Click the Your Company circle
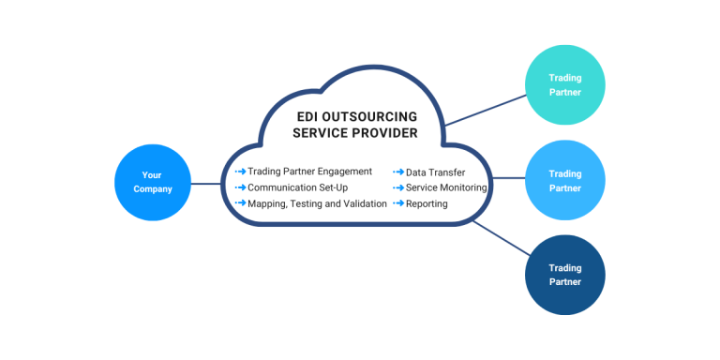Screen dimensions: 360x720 pos(152,182)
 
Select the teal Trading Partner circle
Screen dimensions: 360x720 pos(564,84)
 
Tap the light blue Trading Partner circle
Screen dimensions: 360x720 pos(564,180)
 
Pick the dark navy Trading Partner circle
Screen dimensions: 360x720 pos(564,275)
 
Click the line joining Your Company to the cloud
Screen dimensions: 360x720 pos(206,184)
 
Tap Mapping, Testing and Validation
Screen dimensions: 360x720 pos(317,203)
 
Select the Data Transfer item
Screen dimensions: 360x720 pos(435,172)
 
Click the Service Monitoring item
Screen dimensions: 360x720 pos(446,187)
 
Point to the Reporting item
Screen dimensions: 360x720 pos(427,203)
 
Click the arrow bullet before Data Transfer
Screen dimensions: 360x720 pos(398,172)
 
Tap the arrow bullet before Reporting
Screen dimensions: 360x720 pos(398,203)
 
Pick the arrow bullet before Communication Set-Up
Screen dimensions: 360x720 pos(241,187)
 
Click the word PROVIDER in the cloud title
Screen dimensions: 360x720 pos(382,134)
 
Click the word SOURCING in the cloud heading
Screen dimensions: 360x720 pos(382,117)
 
